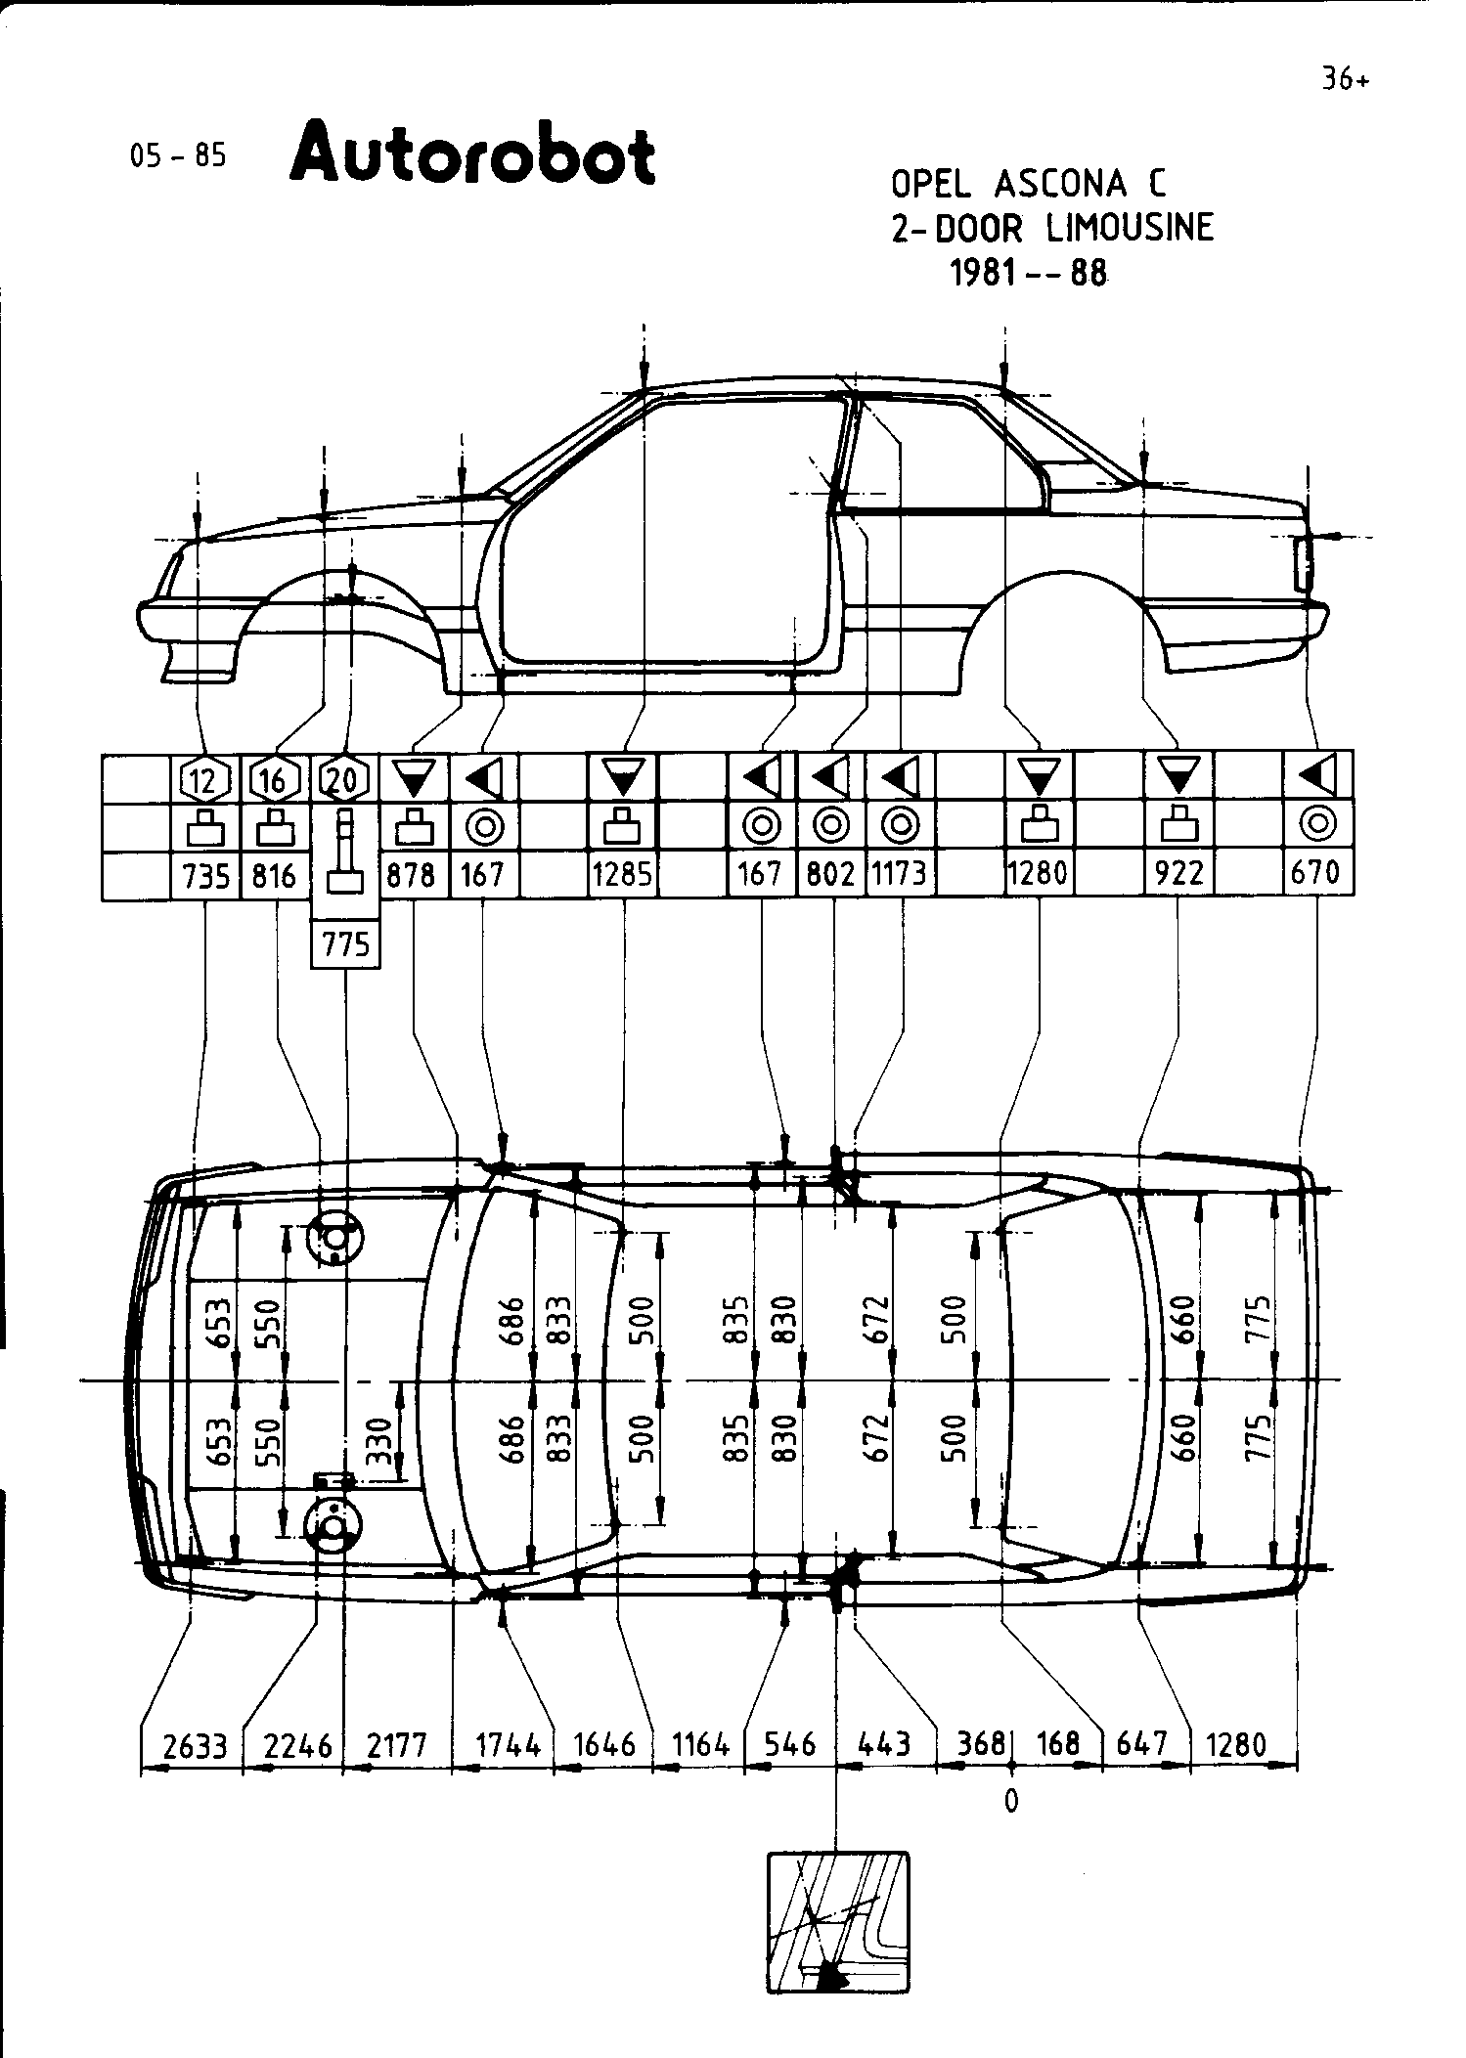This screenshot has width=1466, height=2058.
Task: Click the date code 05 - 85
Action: point(178,155)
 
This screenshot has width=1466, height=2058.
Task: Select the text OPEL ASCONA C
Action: point(1028,184)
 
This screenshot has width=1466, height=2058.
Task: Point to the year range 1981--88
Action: point(1028,273)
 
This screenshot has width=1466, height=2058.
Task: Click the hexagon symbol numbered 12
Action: point(205,780)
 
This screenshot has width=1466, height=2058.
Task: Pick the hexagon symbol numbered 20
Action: point(345,780)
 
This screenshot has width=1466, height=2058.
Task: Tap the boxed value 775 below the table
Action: point(345,944)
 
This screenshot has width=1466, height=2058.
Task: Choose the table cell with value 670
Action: point(1316,873)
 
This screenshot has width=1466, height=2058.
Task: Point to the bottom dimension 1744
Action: point(508,1745)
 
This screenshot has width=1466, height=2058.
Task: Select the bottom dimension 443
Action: point(883,1745)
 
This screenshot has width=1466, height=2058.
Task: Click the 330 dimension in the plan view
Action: point(383,1439)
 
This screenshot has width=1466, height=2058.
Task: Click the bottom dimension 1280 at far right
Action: point(1236,1745)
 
